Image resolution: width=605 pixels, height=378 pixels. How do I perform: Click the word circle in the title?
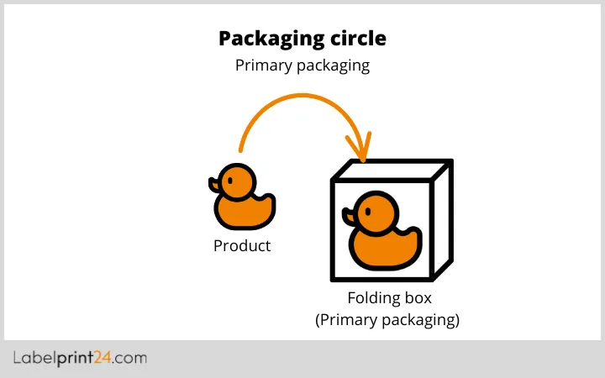358,39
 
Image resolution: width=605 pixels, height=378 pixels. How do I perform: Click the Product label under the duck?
242,246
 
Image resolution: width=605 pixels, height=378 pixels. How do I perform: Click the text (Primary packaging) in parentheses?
387,320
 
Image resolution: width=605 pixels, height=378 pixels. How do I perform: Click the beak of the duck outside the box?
215,182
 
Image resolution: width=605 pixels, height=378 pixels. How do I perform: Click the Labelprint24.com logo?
80,359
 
